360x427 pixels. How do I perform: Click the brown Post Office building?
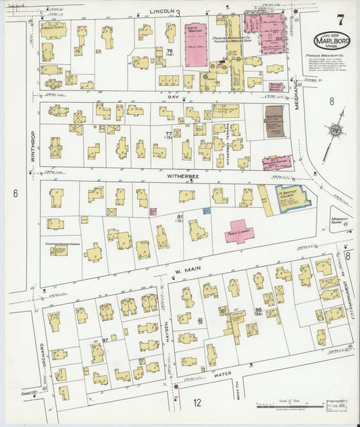[x=274, y=121]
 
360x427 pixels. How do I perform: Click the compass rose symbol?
[x=336, y=130]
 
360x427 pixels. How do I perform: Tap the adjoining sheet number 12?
[x=197, y=403]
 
